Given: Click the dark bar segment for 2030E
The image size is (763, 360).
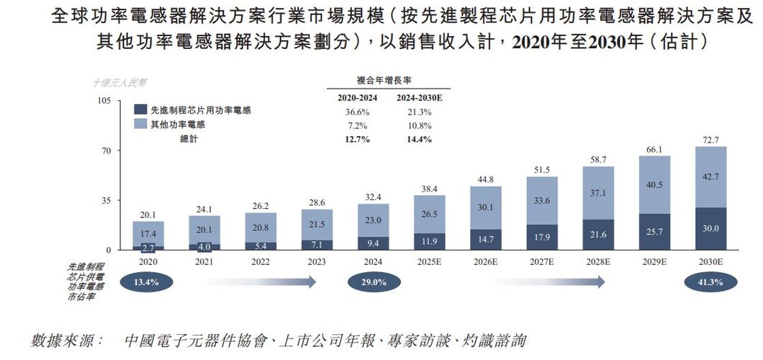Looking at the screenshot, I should [710, 229].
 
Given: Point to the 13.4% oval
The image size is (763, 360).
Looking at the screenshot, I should [148, 282].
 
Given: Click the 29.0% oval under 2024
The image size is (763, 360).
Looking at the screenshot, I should [373, 282].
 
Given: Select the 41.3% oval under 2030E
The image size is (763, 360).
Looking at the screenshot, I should [710, 282].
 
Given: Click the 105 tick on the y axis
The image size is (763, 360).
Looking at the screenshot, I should [104, 101].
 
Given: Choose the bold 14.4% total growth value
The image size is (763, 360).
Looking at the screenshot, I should [419, 139].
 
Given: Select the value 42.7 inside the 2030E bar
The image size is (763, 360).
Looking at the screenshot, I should [710, 177].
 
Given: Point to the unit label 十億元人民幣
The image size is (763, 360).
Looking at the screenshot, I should [120, 84].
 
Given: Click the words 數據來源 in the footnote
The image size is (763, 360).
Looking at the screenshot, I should [63, 339].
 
